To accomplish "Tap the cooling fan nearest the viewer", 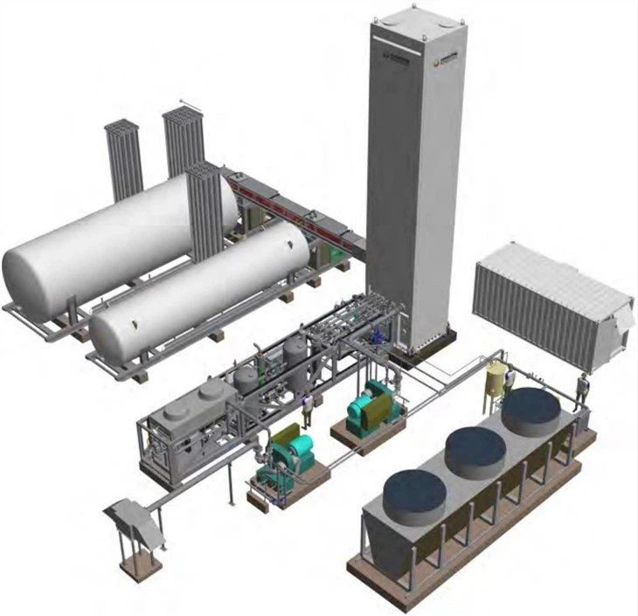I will pos(414,493).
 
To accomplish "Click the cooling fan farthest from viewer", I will pos(530,412).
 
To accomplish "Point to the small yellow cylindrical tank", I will pos(497,381).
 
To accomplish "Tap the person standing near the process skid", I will pos(307,407).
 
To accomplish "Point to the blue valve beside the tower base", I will pos(378,334).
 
